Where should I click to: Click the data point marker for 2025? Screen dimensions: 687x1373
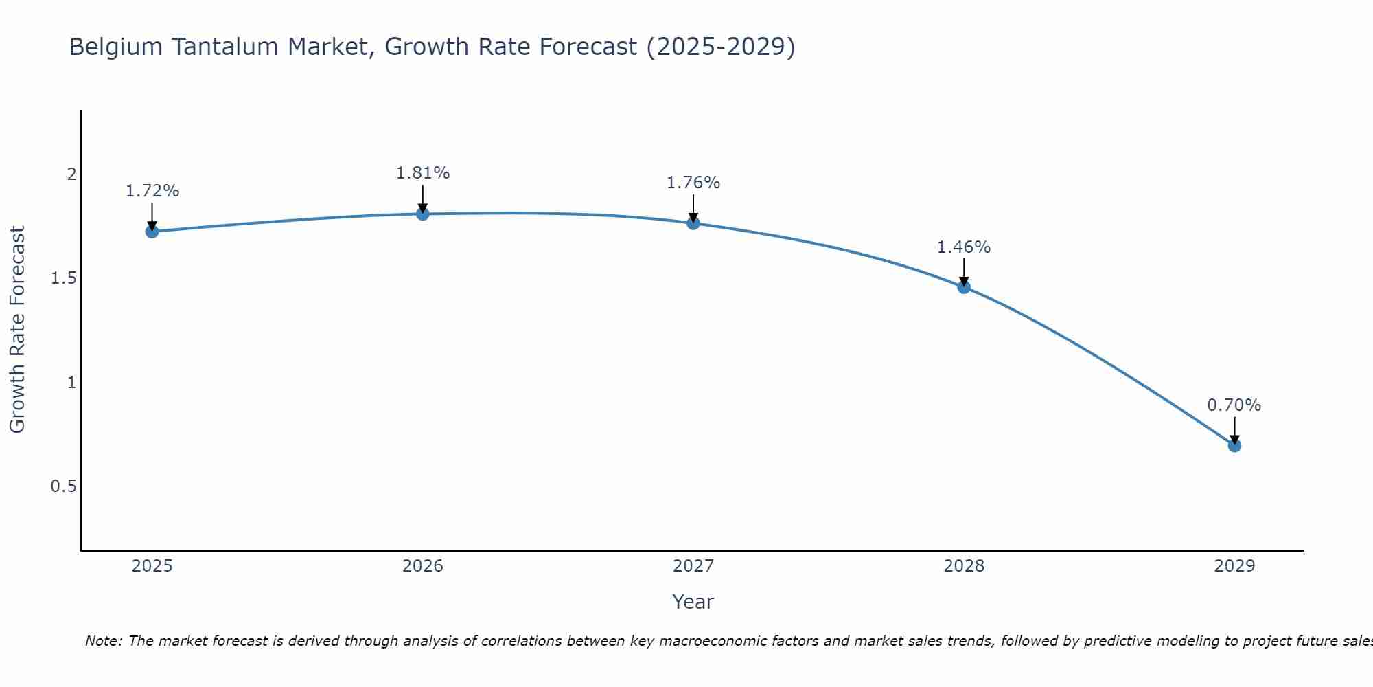pos(152,232)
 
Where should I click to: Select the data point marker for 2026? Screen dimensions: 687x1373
pos(423,214)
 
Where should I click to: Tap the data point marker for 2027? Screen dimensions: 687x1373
pos(693,223)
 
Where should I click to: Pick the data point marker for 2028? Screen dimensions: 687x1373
pos(964,287)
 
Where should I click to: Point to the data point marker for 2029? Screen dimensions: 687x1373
pos(1234,445)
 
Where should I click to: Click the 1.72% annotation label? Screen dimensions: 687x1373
pos(152,191)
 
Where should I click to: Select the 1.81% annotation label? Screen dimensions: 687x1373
pos(423,173)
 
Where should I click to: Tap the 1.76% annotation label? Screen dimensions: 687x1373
pos(693,183)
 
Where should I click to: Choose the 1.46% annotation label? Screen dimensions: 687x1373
pos(964,247)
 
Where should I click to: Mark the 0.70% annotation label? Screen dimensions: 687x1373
pos(1234,405)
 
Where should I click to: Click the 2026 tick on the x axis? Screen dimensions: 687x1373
pos(423,566)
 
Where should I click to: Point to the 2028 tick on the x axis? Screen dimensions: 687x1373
pos(964,566)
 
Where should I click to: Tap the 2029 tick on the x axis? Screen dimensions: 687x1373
pos(1234,566)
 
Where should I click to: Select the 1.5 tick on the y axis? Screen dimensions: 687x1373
pos(63,278)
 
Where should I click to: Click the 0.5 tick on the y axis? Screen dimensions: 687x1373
pos(63,486)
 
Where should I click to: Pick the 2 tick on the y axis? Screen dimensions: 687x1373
pos(71,174)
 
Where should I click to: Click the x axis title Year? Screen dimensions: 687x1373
pos(693,602)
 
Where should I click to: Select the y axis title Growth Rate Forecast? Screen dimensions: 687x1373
pos(17,330)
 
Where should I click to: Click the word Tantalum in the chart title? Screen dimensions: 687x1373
pos(225,47)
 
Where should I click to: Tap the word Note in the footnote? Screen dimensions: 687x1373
pos(103,641)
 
